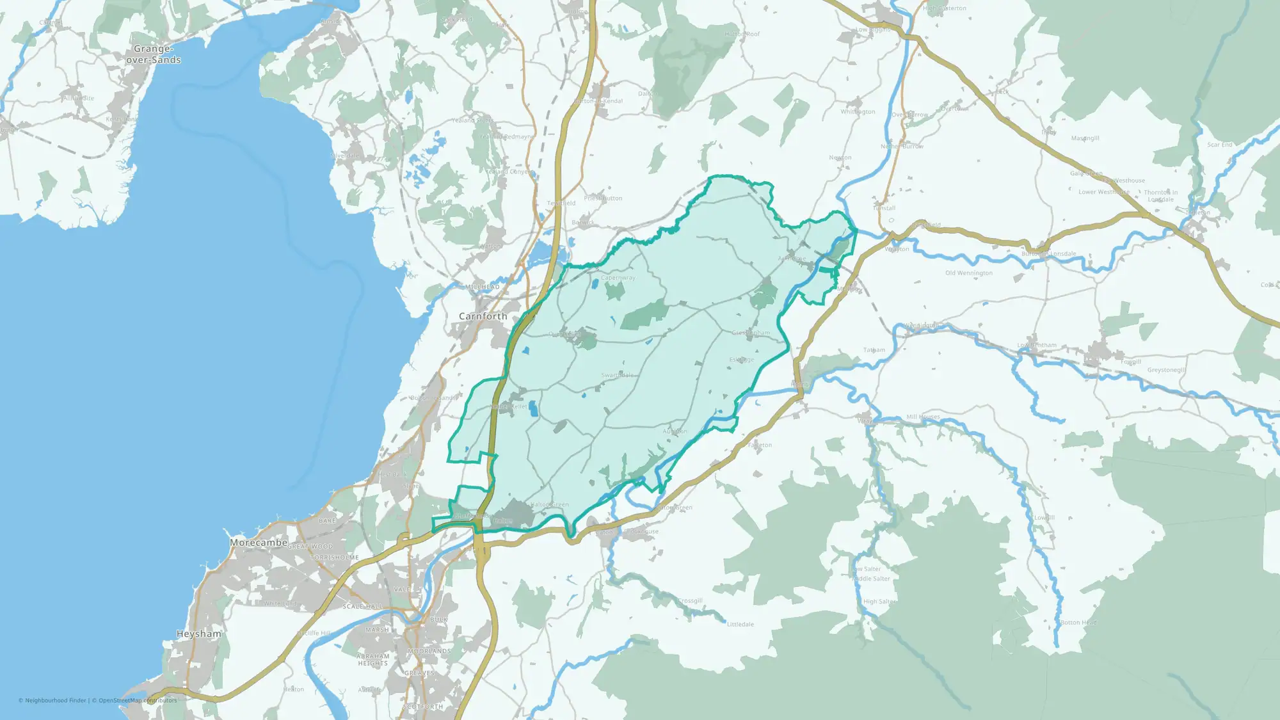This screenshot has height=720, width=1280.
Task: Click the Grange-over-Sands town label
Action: click(x=154, y=54)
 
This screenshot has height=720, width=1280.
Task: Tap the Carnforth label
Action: click(x=483, y=316)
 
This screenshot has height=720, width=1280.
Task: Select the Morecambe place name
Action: click(x=259, y=543)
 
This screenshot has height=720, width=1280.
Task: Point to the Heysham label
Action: click(x=199, y=634)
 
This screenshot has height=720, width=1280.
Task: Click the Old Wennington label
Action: click(x=969, y=273)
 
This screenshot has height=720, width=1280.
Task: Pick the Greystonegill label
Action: click(x=1166, y=370)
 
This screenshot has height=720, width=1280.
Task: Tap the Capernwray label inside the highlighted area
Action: click(x=618, y=278)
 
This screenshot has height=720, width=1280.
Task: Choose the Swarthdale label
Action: click(x=618, y=376)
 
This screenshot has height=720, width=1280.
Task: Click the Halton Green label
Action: click(x=550, y=505)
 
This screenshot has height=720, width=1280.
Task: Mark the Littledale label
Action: click(x=740, y=624)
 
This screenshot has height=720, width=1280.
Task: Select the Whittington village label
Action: click(x=858, y=112)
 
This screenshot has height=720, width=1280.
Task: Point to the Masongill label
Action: click(x=1085, y=138)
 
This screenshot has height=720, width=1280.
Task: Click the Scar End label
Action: click(x=1220, y=145)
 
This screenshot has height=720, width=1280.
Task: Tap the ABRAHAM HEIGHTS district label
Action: click(x=373, y=660)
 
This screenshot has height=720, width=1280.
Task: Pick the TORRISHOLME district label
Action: click(x=335, y=557)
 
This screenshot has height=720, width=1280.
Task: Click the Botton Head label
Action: click(x=1078, y=623)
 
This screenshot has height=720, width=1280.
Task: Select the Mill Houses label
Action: click(x=923, y=417)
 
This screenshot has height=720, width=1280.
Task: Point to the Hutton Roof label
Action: click(x=742, y=34)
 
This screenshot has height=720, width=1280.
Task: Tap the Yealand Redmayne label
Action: click(x=506, y=137)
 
